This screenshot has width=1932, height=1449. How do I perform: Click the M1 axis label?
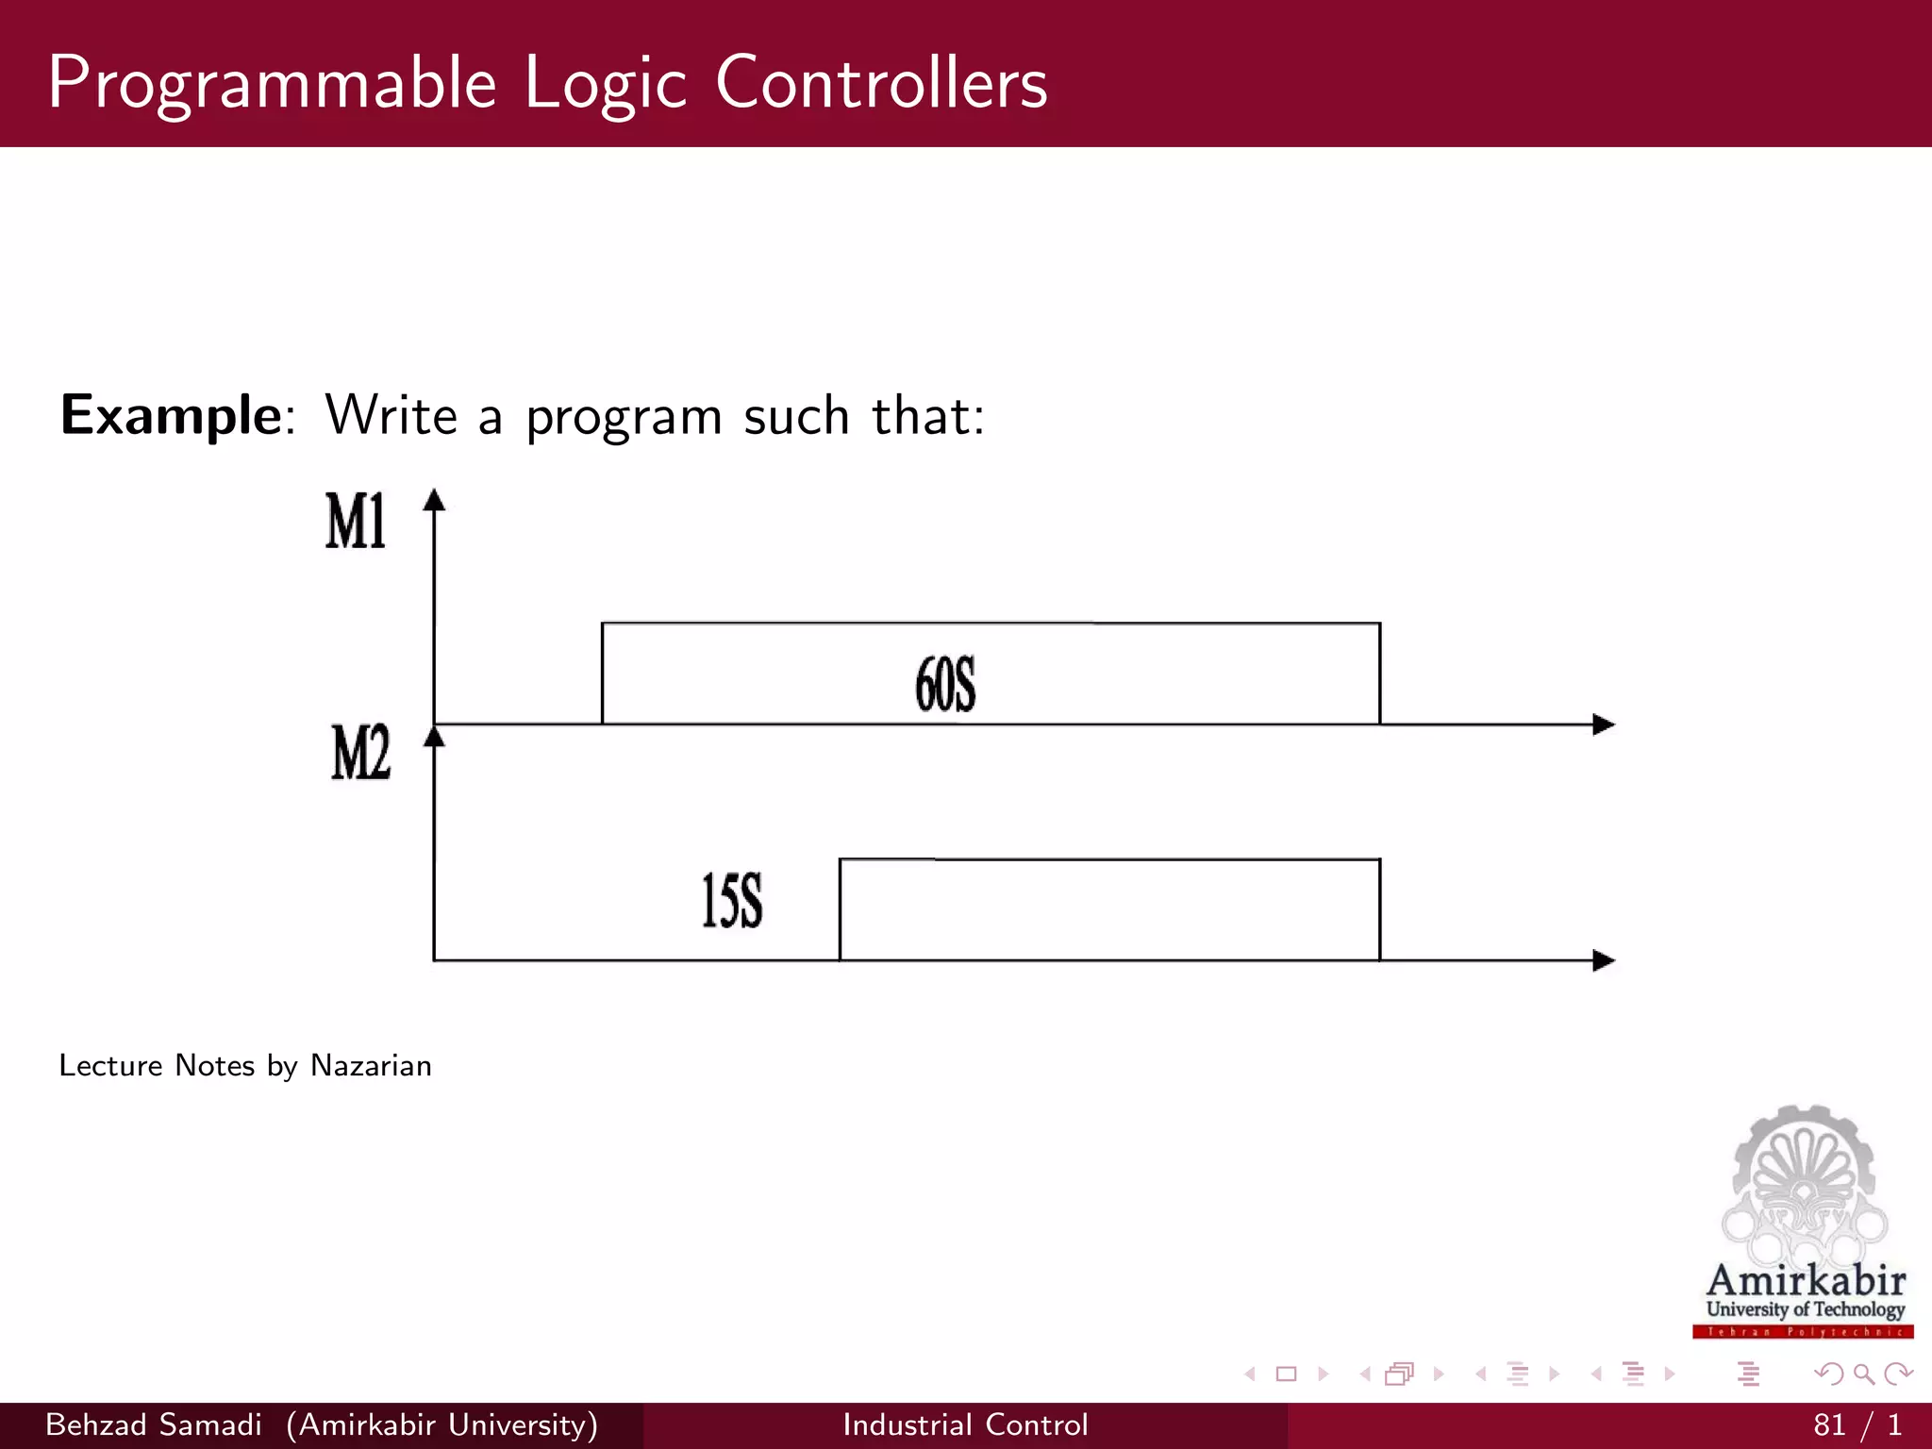pos(356,521)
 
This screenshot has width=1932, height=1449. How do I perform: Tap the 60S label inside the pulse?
pos(945,685)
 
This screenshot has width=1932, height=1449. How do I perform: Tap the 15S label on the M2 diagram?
pos(732,901)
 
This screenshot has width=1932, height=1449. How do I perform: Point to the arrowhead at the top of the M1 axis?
pos(434,500)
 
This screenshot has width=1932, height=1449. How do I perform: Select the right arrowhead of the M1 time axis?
pos(1603,724)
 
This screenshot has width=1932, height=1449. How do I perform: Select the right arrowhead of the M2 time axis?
pos(1603,960)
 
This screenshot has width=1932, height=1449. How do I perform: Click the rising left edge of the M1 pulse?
pos(603,674)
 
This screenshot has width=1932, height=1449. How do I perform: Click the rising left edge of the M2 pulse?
pos(841,909)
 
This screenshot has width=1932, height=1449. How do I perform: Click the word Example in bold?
pos(171,415)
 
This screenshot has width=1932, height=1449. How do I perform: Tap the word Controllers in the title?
pos(881,83)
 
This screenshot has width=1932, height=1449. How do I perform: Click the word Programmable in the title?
pos(272,83)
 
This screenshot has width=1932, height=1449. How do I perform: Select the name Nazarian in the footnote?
pos(371,1065)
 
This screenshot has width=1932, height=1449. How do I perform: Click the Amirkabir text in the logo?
pos(1806,1281)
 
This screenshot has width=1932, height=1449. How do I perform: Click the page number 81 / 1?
pos(1857,1424)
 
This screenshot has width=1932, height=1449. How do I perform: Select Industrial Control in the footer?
pos(965,1424)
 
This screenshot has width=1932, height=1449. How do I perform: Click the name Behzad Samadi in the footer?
pos(154,1424)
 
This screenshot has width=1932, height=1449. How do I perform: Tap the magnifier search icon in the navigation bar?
pos(1863,1374)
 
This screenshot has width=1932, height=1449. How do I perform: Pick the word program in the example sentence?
pos(624,417)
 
